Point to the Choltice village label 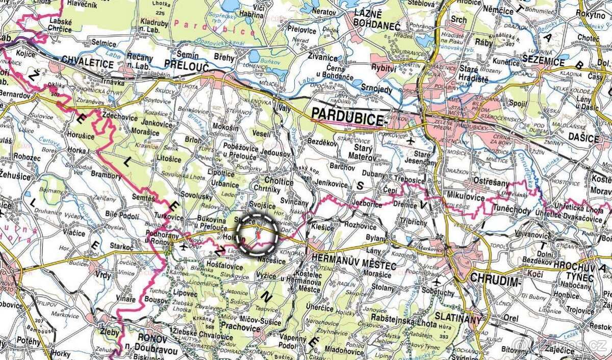point(279,182)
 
